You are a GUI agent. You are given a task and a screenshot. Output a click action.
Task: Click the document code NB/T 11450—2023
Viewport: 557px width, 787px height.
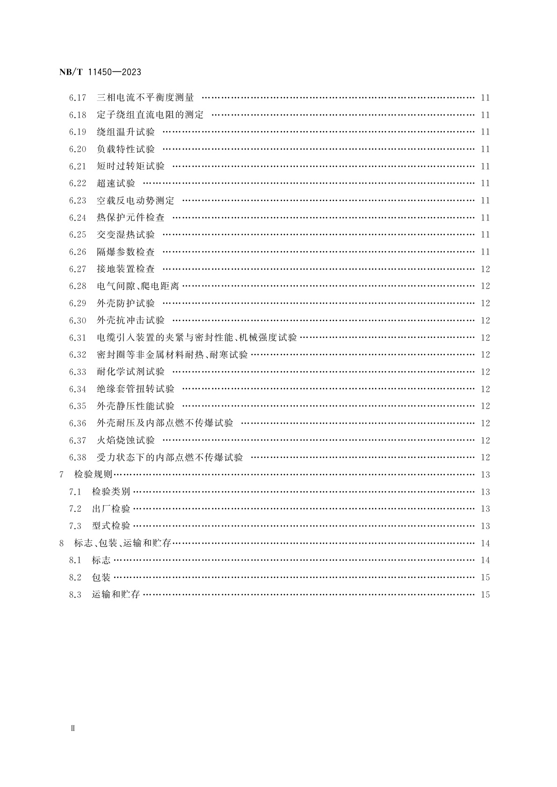(x=101, y=72)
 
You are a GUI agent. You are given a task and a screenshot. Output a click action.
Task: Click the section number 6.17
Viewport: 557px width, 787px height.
(x=78, y=98)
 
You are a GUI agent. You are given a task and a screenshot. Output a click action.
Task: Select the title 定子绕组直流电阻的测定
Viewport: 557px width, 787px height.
(x=150, y=115)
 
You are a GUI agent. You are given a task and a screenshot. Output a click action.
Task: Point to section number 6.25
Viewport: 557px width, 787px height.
(x=78, y=235)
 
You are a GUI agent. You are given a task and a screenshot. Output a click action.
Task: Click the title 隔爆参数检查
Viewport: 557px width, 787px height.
(x=126, y=252)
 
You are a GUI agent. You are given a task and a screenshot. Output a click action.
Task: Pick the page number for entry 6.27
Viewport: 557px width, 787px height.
(x=485, y=269)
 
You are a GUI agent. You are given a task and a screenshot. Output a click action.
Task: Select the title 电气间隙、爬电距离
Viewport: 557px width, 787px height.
(x=138, y=286)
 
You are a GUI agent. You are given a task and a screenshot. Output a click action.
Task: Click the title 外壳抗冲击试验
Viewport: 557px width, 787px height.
(x=130, y=320)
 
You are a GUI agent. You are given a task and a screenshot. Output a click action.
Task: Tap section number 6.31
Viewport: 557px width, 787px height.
(x=78, y=338)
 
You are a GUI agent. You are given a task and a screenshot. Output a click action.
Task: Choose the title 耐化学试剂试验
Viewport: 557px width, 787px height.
(x=130, y=372)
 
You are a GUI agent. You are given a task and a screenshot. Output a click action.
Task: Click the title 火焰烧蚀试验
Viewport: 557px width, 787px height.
(x=126, y=440)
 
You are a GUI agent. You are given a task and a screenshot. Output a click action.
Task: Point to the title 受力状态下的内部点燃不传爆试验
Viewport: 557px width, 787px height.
(x=170, y=458)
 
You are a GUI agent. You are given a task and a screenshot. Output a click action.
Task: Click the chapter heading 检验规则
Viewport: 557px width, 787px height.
(x=94, y=475)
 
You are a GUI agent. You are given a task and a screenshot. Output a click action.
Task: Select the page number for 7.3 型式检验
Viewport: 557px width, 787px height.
(x=485, y=526)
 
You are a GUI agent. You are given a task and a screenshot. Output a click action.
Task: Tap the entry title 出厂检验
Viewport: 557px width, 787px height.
(x=111, y=509)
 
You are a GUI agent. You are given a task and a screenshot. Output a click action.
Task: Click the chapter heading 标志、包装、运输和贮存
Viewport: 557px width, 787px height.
(x=123, y=543)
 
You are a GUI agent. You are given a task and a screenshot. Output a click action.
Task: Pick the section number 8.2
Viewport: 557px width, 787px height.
(x=75, y=578)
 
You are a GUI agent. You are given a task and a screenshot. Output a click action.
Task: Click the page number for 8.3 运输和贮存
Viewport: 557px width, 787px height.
(x=485, y=595)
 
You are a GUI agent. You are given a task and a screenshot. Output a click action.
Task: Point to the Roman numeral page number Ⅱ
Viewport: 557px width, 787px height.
(x=72, y=729)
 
